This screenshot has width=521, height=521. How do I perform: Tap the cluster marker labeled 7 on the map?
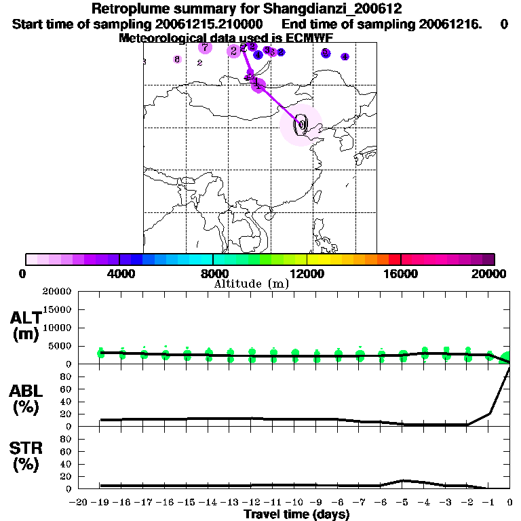pyautogui.click(x=205, y=47)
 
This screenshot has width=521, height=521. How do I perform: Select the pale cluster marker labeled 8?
pyautogui.click(x=177, y=60)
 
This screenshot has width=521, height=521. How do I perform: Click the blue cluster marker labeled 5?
pyautogui.click(x=326, y=53)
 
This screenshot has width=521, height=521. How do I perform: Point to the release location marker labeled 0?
pyautogui.click(x=301, y=124)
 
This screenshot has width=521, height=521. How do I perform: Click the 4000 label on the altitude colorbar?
pyautogui.click(x=119, y=273)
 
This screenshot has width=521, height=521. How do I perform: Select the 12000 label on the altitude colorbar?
pyautogui.click(x=307, y=273)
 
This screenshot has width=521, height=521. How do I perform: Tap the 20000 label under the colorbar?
pyautogui.click(x=489, y=273)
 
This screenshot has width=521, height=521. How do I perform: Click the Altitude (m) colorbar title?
pyautogui.click(x=251, y=284)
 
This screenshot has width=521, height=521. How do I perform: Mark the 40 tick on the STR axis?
pyautogui.click(x=66, y=463)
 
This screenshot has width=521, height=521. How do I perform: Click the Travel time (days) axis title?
pyautogui.click(x=296, y=514)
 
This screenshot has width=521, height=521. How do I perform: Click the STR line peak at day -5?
pyautogui.click(x=402, y=480)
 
